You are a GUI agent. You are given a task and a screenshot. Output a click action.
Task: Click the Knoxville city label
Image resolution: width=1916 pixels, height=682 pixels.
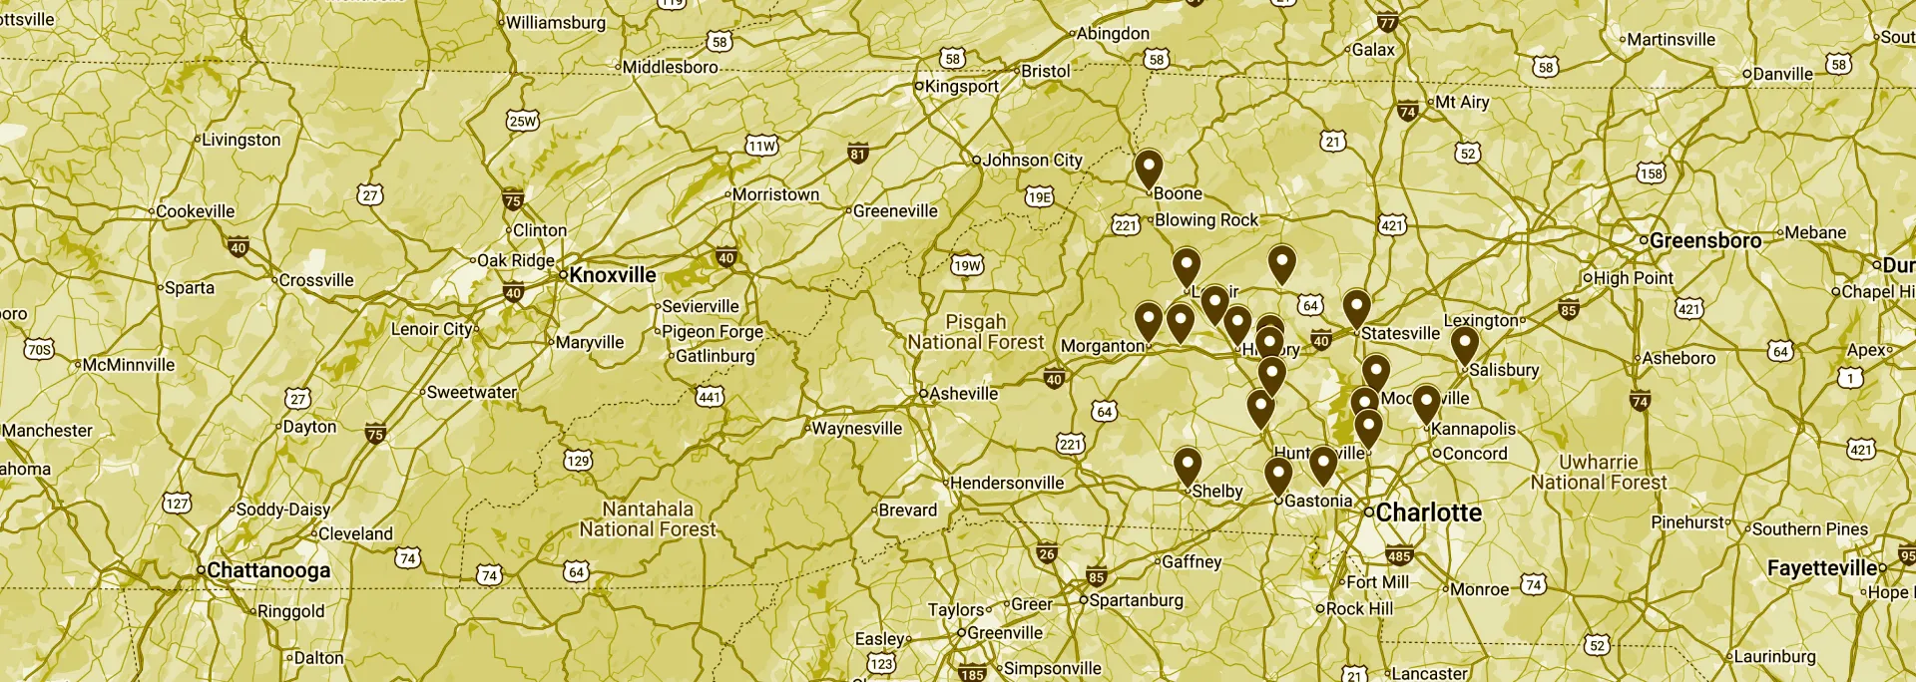tap(612, 275)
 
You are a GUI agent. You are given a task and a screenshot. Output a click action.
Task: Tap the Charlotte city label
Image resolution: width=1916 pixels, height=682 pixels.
tap(1428, 512)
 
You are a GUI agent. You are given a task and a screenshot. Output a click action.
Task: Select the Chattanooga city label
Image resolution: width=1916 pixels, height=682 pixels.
tap(267, 570)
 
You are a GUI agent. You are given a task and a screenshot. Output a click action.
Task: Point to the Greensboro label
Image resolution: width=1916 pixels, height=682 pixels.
tap(1704, 240)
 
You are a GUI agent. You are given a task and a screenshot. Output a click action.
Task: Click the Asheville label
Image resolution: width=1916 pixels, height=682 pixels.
tap(963, 394)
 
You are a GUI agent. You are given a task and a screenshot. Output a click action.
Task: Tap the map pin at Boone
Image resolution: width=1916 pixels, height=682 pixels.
tap(1149, 169)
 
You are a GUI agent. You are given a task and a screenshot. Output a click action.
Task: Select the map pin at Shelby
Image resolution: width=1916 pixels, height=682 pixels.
tap(1187, 466)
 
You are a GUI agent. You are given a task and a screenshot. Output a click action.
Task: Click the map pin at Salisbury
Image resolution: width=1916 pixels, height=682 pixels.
tap(1464, 345)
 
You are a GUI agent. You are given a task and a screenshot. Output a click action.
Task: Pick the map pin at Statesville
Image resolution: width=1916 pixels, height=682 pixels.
tap(1356, 307)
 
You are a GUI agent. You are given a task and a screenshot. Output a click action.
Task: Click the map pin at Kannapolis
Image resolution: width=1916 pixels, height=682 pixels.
tap(1426, 403)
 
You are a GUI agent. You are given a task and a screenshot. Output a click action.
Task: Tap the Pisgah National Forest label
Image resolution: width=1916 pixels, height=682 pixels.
tap(975, 332)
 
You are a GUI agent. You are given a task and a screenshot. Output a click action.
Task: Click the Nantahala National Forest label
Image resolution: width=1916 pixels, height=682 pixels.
tap(648, 519)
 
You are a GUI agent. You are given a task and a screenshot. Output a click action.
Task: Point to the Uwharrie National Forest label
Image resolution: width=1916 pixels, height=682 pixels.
tap(1598, 473)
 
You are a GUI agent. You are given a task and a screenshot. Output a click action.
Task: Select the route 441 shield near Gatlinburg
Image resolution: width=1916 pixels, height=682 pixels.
tap(710, 397)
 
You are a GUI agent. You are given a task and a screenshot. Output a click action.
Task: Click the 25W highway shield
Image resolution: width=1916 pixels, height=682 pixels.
tap(522, 121)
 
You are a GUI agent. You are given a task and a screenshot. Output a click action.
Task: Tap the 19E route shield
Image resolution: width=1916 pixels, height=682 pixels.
tap(1039, 196)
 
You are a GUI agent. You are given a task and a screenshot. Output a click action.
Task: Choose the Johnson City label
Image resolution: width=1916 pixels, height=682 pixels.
tap(1032, 160)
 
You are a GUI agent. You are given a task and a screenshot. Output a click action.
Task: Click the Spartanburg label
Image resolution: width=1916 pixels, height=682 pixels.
tap(1136, 600)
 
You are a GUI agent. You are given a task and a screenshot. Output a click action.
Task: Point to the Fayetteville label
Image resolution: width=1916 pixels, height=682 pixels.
tap(1822, 568)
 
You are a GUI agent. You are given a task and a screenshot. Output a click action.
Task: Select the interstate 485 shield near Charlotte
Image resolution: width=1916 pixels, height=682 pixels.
tap(1399, 556)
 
